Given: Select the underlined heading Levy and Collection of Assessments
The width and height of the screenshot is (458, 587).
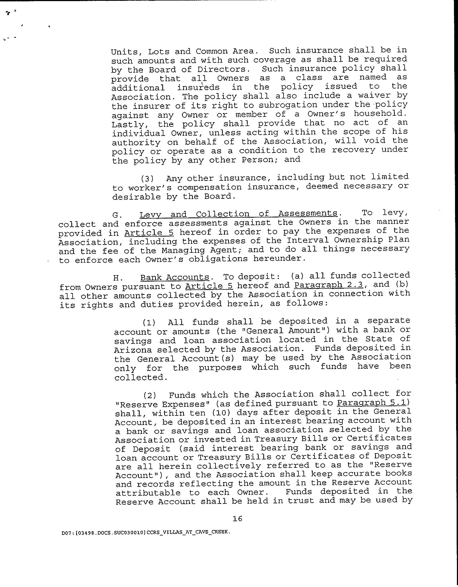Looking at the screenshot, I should click(x=238, y=214).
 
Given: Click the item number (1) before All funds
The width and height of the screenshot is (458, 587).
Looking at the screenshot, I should click(x=149, y=322).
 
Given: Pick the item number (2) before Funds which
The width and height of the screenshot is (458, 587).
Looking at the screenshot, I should click(x=150, y=395).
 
